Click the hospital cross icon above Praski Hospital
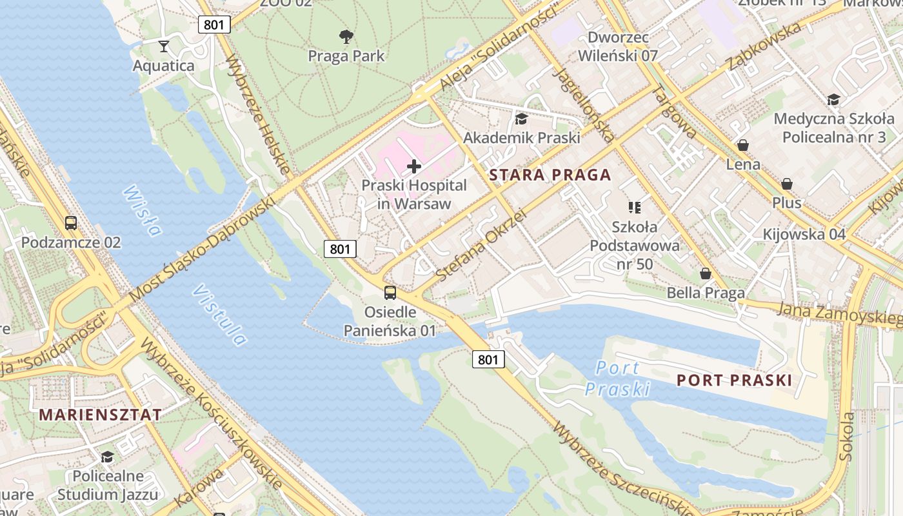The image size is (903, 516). [414, 167]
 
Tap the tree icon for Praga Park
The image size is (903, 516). [346, 37]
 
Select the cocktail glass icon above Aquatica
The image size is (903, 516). [164, 46]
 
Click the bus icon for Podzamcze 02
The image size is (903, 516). [71, 223]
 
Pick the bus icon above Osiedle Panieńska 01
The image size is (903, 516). [390, 293]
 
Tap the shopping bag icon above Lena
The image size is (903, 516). [743, 145]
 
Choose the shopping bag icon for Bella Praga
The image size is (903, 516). [706, 273]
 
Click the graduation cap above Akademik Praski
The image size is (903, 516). [521, 119]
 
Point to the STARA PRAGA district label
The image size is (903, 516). [550, 175]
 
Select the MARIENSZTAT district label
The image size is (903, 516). [101, 415]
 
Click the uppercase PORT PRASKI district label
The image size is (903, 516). [734, 381]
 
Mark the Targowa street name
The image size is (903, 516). [675, 112]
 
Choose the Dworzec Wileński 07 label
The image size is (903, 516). [617, 46]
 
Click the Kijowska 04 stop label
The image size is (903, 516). [804, 233]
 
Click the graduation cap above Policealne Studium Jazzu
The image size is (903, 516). [107, 457]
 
